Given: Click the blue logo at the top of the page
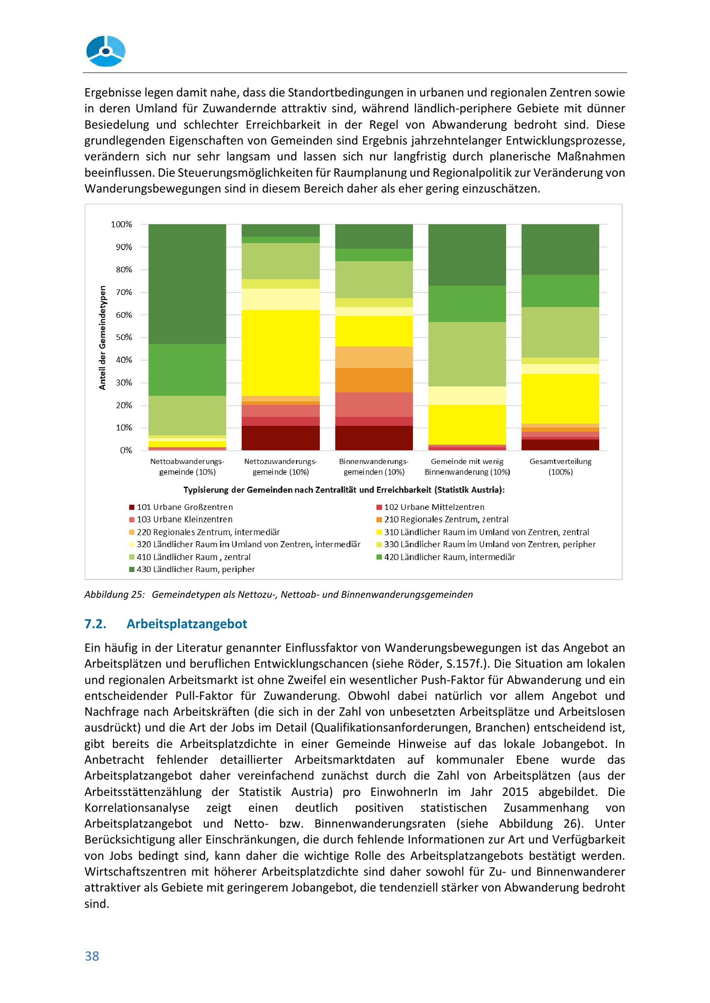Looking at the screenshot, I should click(106, 51).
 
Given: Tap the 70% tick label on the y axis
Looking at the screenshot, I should click(124, 292).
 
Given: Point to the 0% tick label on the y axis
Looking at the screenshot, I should click(126, 450).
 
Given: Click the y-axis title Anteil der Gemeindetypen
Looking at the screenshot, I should click(102, 337).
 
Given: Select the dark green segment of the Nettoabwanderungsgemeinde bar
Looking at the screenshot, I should click(187, 284).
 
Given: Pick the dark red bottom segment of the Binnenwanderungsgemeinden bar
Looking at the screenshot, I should click(374, 438).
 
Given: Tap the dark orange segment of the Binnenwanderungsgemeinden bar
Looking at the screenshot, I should click(374, 380).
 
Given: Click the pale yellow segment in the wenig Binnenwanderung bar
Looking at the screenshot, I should click(467, 395).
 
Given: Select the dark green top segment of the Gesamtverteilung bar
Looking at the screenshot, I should click(560, 249).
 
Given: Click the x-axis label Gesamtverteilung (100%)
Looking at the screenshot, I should click(560, 466).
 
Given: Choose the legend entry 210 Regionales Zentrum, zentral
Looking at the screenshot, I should click(446, 519).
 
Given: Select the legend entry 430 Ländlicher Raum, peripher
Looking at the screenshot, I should click(195, 569).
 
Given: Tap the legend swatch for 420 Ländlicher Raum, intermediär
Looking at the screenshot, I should click(379, 557).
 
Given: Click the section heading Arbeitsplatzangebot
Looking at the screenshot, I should click(187, 624).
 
